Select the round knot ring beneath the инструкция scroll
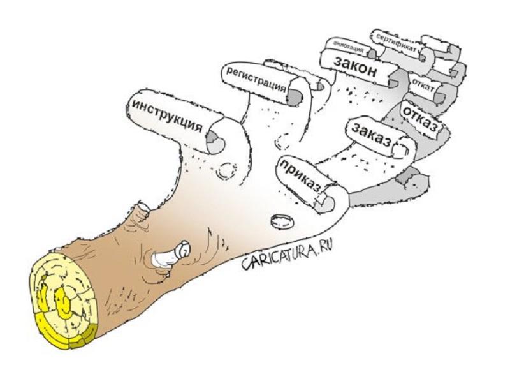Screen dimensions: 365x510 227,170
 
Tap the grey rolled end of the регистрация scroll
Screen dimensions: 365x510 293,97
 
